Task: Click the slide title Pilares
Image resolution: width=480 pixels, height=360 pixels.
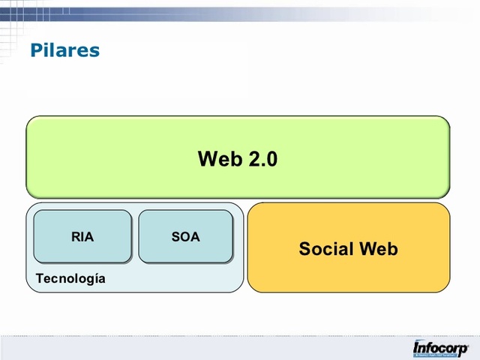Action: (64, 50)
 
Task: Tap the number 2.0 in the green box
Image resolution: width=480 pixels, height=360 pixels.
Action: (262, 159)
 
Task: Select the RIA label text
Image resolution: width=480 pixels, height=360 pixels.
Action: (82, 237)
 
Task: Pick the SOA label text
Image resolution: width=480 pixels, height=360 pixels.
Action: (185, 237)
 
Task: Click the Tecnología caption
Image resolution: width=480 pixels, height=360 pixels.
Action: (70, 279)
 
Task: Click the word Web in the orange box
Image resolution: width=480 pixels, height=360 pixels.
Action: (378, 248)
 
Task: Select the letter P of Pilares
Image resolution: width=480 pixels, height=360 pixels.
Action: (36, 50)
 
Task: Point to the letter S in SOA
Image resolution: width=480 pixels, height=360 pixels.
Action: (175, 237)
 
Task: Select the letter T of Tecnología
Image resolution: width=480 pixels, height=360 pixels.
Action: (40, 279)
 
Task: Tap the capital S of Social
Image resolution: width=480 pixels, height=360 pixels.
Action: (304, 248)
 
